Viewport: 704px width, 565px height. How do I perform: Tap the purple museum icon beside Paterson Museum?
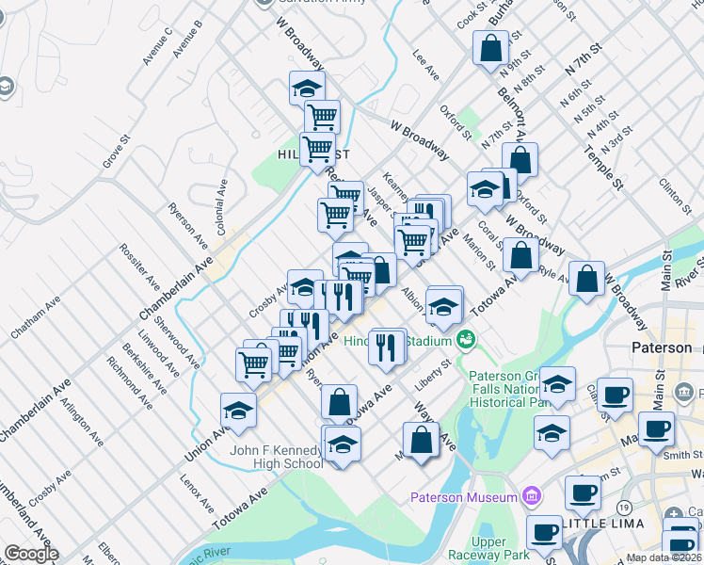click(531, 495)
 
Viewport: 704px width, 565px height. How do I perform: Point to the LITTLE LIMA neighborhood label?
click(603, 523)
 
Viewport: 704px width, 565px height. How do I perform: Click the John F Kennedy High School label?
click(277, 457)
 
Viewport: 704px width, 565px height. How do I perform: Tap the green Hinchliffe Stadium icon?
click(466, 339)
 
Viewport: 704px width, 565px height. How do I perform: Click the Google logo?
click(31, 554)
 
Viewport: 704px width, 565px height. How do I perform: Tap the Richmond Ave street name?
click(129, 382)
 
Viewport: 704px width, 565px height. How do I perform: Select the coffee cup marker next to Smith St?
click(655, 428)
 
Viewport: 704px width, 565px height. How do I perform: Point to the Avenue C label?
click(157, 48)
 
